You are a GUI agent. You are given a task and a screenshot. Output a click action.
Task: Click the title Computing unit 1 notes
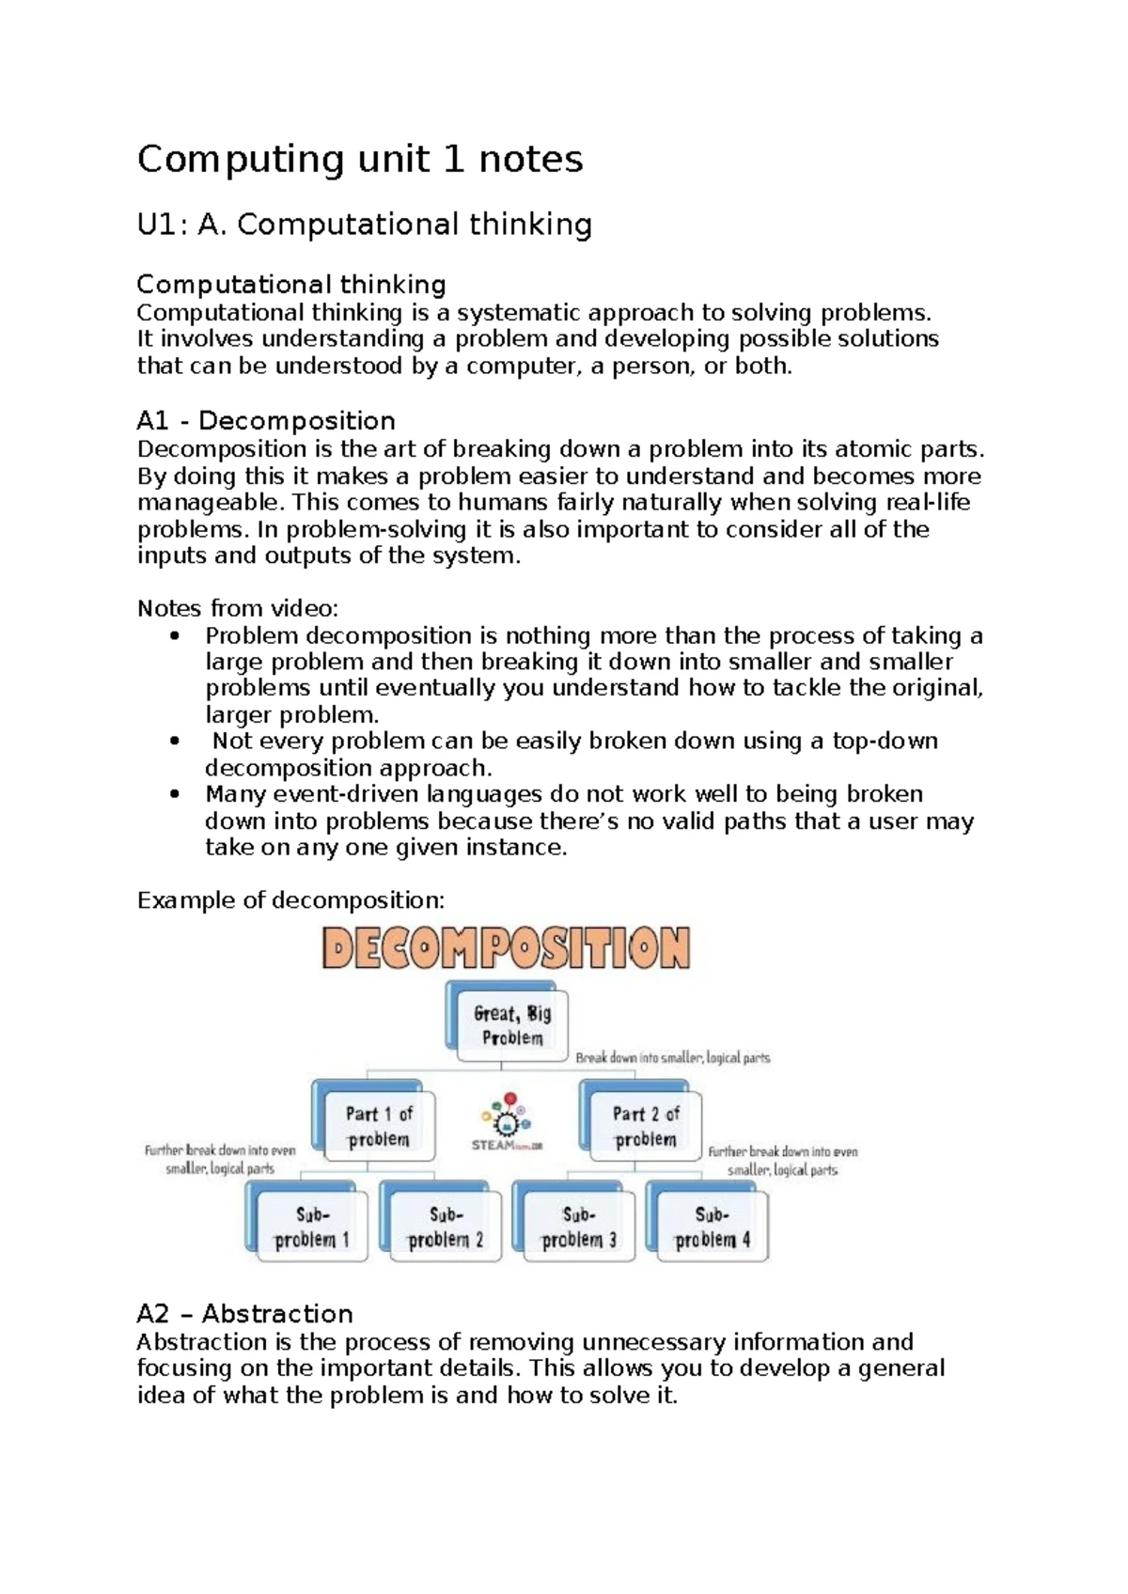(x=360, y=159)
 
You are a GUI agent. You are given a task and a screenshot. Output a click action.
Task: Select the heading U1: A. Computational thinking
(x=365, y=225)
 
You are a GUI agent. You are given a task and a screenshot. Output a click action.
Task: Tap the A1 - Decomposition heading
(x=266, y=420)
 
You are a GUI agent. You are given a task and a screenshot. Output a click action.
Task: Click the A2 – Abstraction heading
(x=245, y=1313)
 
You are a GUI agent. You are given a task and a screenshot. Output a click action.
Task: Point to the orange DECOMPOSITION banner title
(x=507, y=947)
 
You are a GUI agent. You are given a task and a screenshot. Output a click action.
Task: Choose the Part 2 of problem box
(x=644, y=1126)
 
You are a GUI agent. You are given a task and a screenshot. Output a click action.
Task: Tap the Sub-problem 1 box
(x=311, y=1227)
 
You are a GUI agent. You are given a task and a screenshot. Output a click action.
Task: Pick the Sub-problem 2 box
(x=444, y=1227)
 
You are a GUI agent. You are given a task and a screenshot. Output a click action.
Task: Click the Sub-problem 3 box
(x=577, y=1227)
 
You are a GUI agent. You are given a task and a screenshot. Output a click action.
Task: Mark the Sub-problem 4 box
(x=711, y=1227)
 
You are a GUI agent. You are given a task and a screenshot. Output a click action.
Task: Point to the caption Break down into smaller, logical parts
(x=672, y=1057)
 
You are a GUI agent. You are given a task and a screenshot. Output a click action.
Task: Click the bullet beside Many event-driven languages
(x=175, y=794)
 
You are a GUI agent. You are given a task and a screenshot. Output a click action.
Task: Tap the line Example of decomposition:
(x=290, y=900)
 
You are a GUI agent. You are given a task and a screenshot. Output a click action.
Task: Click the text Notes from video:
(x=238, y=608)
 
